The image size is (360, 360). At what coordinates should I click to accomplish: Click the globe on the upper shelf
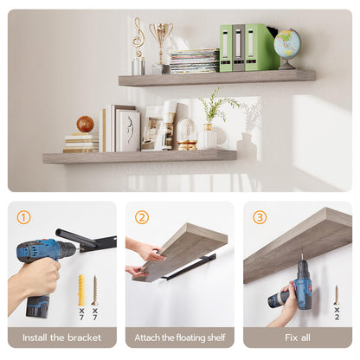click(286, 45)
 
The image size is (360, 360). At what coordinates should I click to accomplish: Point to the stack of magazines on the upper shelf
click(193, 61)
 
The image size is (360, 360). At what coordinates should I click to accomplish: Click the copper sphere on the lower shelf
click(85, 124)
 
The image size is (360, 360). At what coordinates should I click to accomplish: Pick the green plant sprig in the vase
click(213, 108)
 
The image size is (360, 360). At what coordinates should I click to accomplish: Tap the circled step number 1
click(23, 217)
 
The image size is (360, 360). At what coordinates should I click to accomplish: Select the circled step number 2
click(142, 217)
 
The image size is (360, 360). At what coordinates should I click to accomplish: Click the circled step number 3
click(260, 217)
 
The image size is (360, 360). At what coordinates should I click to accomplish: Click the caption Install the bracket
click(62, 337)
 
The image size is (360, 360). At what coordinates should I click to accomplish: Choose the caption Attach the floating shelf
click(180, 337)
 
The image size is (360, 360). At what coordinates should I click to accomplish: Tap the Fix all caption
click(298, 337)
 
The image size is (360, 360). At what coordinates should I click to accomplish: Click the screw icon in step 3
click(337, 295)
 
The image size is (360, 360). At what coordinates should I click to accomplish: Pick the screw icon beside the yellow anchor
click(94, 290)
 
